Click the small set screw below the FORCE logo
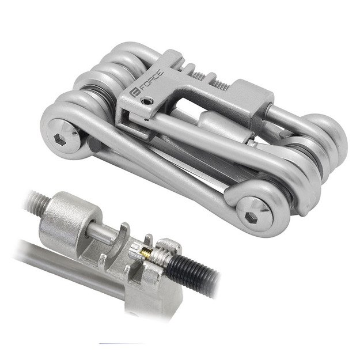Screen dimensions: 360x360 tap(147, 101)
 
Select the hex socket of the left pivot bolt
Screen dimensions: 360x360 tap(59, 139)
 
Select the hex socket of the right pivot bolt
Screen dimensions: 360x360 tap(250, 217)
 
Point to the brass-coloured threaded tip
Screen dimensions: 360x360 tap(146, 253)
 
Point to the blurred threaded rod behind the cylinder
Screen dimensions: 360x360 tap(37, 202)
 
